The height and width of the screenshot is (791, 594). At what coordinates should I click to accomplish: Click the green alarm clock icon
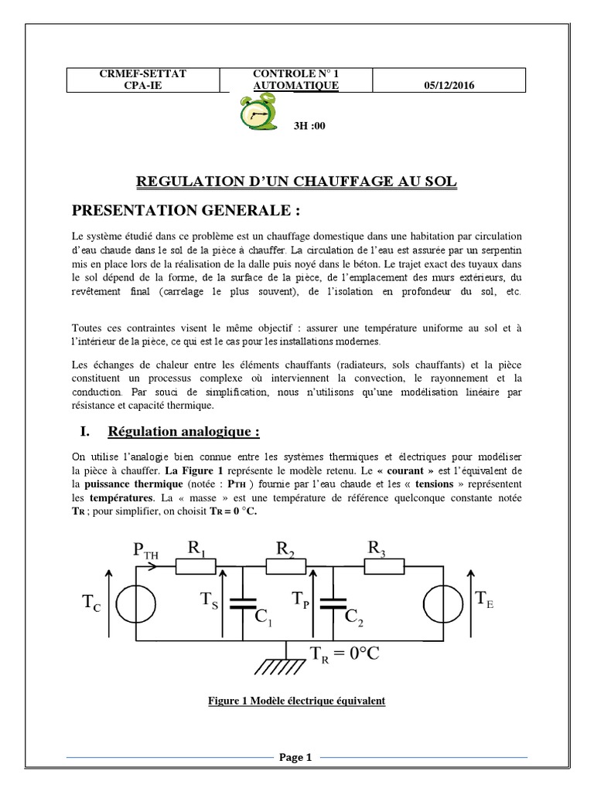252,115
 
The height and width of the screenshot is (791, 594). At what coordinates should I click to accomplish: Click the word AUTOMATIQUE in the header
296,86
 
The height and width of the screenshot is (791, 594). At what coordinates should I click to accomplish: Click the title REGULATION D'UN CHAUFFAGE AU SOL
297,182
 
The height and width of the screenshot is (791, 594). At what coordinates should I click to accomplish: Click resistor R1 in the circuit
196,565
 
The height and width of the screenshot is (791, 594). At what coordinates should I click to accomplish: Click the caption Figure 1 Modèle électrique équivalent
297,701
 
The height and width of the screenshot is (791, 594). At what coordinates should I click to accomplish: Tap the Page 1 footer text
295,758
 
